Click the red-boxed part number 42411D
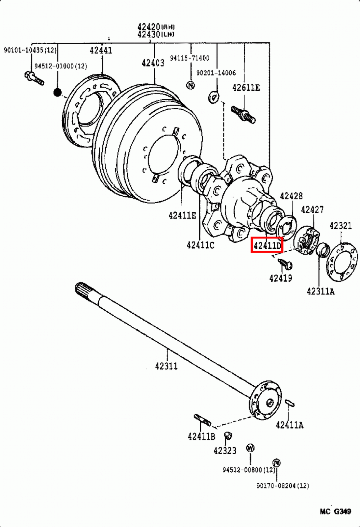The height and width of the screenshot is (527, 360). click(x=267, y=245)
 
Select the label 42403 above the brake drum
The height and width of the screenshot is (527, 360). click(x=153, y=63)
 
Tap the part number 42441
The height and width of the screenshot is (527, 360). click(x=101, y=50)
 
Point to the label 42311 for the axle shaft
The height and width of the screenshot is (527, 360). click(x=167, y=366)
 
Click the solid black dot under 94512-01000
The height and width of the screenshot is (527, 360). click(x=58, y=93)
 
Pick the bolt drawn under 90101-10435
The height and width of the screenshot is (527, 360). click(x=34, y=78)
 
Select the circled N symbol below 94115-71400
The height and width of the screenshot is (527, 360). click(x=191, y=85)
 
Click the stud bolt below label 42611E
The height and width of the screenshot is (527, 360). click(x=244, y=114)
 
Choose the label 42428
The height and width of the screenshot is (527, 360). click(x=291, y=196)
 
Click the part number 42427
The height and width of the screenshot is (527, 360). click(x=312, y=209)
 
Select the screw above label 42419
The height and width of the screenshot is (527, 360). click(x=285, y=264)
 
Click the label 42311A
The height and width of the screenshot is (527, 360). click(x=321, y=291)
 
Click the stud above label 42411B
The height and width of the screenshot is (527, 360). click(x=202, y=420)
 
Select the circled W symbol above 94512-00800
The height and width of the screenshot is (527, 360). click(x=250, y=448)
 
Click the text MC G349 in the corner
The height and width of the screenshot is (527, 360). click(x=335, y=512)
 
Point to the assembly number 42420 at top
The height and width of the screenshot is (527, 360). click(x=149, y=27)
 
